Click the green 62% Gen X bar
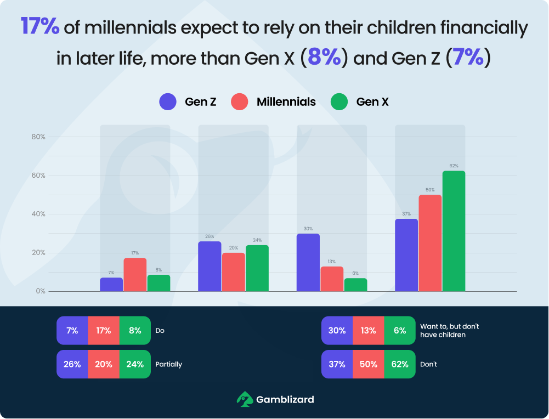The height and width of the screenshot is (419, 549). click(454, 231)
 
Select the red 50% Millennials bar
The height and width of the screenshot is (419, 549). click(430, 243)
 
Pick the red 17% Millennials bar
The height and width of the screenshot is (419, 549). click(135, 274)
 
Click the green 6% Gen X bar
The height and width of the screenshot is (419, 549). click(355, 285)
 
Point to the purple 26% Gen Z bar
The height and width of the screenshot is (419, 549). click(210, 266)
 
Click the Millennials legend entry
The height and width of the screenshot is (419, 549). click(274, 101)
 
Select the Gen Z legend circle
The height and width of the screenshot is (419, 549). click(168, 101)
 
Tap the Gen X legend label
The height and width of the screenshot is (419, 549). click(372, 101)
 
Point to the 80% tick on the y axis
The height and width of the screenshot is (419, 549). click(38, 137)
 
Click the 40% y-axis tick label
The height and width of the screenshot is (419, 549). click(38, 214)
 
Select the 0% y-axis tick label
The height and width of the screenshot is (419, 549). click(40, 291)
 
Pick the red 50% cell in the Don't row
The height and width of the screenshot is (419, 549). click(369, 364)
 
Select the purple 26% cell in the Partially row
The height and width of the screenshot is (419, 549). click(72, 364)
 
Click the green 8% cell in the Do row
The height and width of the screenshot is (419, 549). click(135, 331)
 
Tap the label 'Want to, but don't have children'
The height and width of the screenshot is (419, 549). click(449, 330)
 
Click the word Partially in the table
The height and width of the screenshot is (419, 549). click(169, 364)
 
